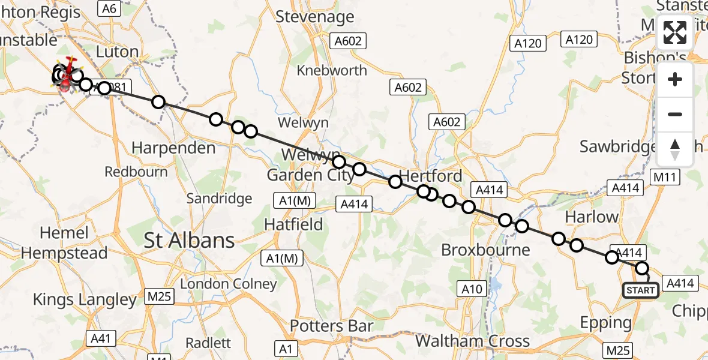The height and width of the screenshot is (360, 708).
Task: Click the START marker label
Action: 641,291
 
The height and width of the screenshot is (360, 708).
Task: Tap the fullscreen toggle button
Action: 675,32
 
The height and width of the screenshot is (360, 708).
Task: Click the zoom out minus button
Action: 675,115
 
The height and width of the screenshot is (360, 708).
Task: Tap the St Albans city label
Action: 189,241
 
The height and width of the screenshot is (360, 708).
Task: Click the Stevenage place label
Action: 314,16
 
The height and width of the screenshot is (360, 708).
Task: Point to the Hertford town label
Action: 430,176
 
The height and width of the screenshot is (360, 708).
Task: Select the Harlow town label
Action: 592,217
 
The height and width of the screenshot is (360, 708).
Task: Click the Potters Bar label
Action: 332,326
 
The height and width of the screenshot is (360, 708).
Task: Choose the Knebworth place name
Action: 332,70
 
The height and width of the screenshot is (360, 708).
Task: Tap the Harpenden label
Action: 173,148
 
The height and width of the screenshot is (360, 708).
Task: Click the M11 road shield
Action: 665,177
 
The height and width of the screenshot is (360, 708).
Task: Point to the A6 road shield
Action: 109,8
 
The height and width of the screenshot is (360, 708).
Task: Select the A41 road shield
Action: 100,339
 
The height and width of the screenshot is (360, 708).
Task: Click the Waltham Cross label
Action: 472,341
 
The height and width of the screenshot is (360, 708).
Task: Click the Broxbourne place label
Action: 485,250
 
